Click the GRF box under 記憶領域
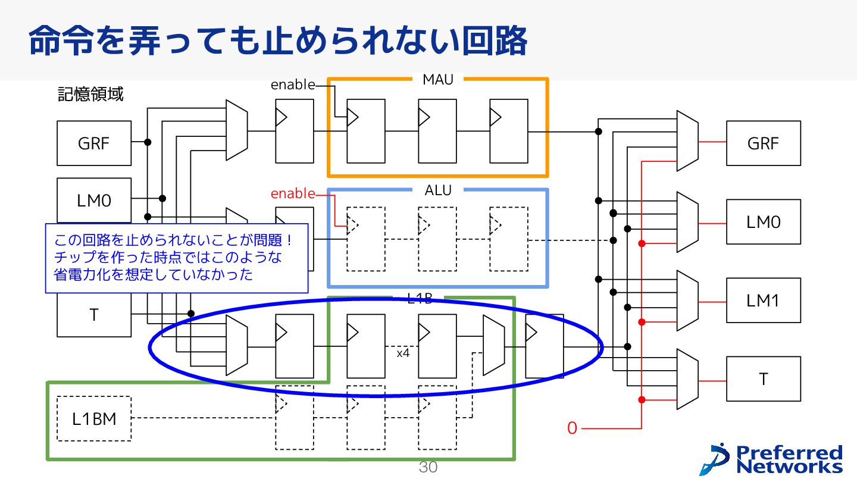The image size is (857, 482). [94, 143]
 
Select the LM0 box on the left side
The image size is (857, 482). [94, 199]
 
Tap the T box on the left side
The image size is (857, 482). [94, 315]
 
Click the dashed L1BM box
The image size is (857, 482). [94, 419]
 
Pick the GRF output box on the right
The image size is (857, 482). [763, 143]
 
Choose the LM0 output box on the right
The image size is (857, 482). [763, 222]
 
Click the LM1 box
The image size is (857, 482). [763, 301]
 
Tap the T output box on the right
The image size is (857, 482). [763, 379]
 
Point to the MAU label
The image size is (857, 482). [438, 80]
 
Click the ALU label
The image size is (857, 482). [438, 190]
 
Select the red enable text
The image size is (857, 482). [293, 194]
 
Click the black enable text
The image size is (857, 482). [293, 85]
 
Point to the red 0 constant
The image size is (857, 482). [572, 428]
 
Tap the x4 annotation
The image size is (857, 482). [403, 353]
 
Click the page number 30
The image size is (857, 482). [428, 468]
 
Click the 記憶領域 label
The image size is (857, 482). [90, 95]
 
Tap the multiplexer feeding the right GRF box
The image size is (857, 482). [688, 141]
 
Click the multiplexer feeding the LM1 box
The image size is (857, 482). [688, 301]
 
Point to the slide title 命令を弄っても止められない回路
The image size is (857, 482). [277, 40]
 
